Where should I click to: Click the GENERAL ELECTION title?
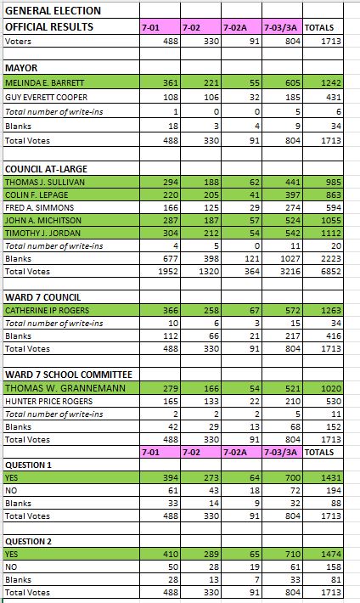click(53, 10)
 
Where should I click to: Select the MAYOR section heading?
click(21, 68)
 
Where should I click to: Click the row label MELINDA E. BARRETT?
click(45, 82)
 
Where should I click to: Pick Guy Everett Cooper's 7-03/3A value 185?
click(293, 98)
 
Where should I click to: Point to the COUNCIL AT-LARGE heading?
click(46, 169)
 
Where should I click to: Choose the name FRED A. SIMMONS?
click(39, 208)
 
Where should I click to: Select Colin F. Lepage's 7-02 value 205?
click(211, 195)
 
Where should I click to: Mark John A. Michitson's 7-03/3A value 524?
click(293, 220)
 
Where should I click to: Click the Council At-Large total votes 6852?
click(331, 272)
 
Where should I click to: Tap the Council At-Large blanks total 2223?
click(331, 259)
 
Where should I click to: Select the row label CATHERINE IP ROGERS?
click(47, 310)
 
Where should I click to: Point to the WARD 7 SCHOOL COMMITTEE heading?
click(69, 375)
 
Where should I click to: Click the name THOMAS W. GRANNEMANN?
click(65, 388)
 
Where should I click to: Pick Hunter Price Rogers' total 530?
click(334, 402)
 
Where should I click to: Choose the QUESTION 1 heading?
click(28, 465)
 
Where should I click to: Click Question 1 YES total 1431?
click(331, 478)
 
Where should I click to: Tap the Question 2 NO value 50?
click(173, 567)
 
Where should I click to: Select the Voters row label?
click(18, 42)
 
